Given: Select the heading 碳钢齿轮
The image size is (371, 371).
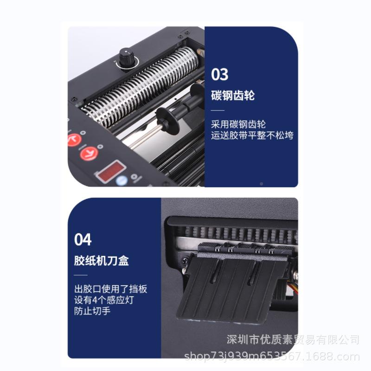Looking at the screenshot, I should coord(233,96).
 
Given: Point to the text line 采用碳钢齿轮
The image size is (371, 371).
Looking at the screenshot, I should coord(238,124).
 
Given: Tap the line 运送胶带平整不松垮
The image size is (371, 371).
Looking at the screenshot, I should coord(252,135).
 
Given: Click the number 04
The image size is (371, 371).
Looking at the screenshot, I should coord(83,240).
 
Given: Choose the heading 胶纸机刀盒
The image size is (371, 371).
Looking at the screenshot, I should coord(102,261).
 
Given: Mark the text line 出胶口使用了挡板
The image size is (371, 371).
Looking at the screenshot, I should coord(111,288).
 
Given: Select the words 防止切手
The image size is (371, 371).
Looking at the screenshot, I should coord(92,311).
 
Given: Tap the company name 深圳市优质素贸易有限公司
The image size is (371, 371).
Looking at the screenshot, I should coord(293,339).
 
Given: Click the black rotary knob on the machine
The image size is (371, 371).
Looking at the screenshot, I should coord(125,58).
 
